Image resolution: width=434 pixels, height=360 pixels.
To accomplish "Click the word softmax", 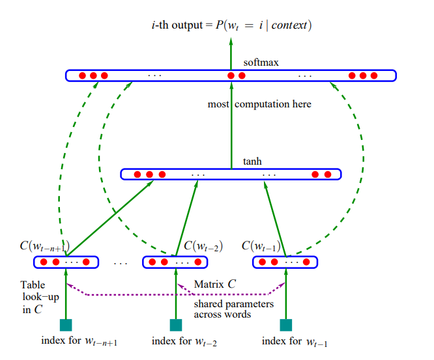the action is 261,62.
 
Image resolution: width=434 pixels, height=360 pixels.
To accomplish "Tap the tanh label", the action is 252,161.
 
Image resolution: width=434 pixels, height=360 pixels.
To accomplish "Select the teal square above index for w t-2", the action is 176,325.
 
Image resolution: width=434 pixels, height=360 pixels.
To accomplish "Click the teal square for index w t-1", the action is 286,325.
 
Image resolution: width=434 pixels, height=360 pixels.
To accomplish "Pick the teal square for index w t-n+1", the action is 66,325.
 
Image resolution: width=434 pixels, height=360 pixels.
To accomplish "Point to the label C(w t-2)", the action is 203,246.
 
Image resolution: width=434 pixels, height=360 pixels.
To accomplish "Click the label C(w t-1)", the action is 261,246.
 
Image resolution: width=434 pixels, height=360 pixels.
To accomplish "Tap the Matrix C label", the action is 215,284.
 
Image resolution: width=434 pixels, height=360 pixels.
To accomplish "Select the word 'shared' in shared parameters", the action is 208,303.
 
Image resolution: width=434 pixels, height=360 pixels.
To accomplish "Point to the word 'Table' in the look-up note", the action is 33,284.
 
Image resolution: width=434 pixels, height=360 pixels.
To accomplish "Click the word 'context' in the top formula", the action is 289,25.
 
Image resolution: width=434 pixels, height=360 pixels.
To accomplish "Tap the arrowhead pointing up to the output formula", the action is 231,42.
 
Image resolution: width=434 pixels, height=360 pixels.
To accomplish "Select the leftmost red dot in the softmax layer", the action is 83,76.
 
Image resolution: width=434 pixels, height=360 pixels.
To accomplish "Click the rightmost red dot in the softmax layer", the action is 374,76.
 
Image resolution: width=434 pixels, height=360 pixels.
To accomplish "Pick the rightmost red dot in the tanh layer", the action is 328,174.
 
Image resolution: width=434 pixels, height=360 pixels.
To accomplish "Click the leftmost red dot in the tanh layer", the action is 137,174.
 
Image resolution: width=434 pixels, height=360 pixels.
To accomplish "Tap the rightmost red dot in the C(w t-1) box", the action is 306,262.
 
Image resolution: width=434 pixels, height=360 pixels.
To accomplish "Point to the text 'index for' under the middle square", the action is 171,341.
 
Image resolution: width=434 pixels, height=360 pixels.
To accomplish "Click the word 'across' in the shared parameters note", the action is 208,314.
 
